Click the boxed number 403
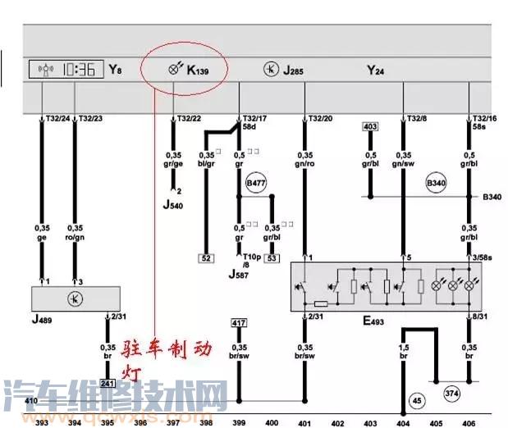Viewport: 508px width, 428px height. (369, 127)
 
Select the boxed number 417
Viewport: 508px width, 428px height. (239, 322)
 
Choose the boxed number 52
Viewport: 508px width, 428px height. (206, 258)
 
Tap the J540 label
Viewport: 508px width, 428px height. (174, 205)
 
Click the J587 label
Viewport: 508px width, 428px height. (239, 272)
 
